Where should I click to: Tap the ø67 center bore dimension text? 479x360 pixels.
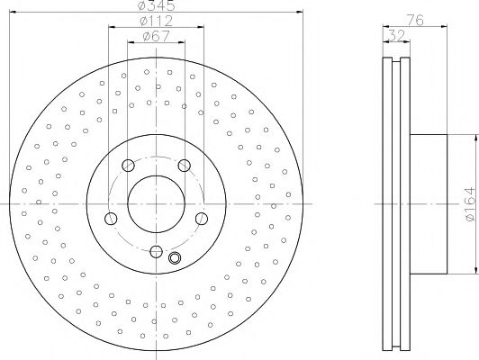[157, 36]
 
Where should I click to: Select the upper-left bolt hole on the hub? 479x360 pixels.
[127, 165]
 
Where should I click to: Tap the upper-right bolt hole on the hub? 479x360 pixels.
[185, 165]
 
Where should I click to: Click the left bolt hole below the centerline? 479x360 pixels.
[110, 219]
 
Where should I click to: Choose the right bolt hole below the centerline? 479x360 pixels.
[202, 219]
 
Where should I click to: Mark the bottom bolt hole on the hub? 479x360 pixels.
[156, 252]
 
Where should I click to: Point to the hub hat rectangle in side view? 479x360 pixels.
[427, 203]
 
